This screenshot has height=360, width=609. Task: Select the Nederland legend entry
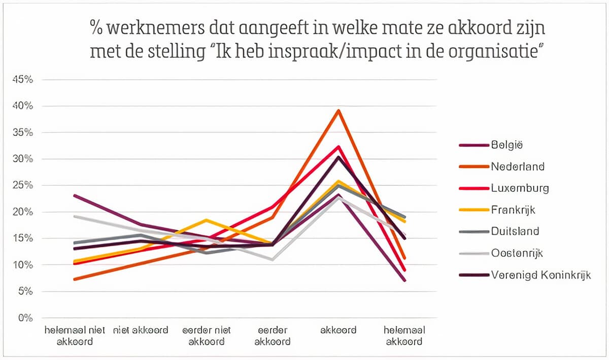click(x=518, y=167)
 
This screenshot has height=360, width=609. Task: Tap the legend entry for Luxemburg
click(x=520, y=188)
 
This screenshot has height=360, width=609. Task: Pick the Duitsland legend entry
click(x=515, y=232)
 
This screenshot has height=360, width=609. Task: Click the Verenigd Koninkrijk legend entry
click(x=540, y=275)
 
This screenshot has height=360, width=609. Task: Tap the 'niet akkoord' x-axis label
click(x=141, y=330)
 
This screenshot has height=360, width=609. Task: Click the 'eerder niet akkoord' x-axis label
click(x=207, y=336)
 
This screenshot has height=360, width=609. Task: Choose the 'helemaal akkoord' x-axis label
click(x=404, y=336)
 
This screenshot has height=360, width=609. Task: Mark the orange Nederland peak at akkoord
click(x=338, y=110)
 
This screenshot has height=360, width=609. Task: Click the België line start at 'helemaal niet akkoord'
click(x=75, y=195)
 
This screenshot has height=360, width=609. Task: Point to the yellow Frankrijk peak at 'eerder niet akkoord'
click(x=207, y=220)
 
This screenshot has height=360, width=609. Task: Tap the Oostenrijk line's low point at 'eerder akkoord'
click(x=273, y=259)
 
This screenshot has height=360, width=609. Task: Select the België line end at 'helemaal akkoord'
click(x=404, y=280)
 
